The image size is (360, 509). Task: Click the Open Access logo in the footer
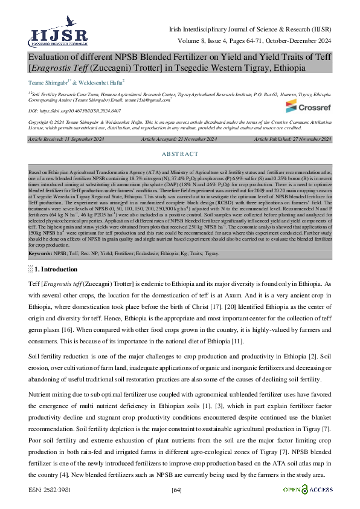click(308, 488)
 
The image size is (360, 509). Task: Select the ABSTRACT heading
click(180, 154)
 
